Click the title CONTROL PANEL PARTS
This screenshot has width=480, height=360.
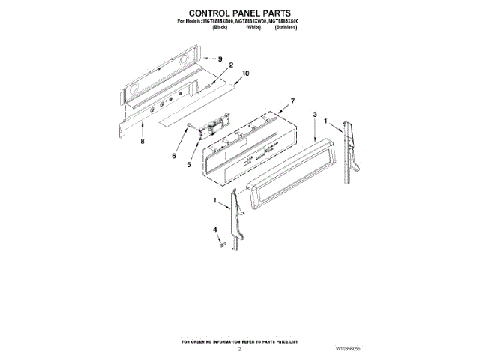[x=239, y=13]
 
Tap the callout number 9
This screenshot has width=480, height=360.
[x=220, y=58]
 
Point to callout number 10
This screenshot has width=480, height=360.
[x=245, y=73]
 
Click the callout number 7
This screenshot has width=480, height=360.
[x=292, y=100]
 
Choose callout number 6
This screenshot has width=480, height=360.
[x=173, y=157]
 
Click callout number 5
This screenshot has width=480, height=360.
[x=188, y=165]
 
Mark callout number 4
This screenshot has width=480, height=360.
[x=214, y=229]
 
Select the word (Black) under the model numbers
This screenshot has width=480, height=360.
[x=220, y=27]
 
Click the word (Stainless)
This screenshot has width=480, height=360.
[x=286, y=27]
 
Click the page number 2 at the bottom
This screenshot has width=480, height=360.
[x=239, y=349]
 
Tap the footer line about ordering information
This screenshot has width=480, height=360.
[x=239, y=341]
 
